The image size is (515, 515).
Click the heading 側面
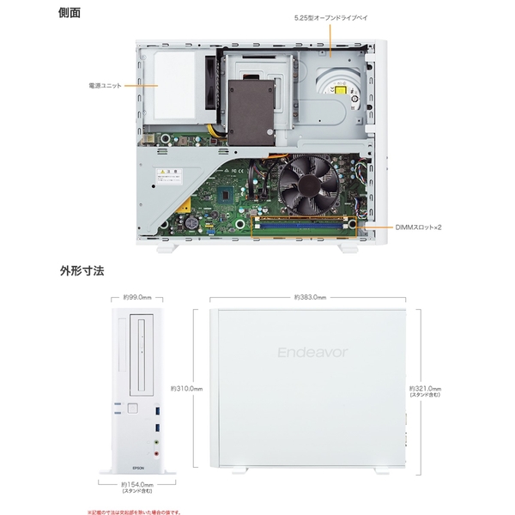70,15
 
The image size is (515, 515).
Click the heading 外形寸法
82,270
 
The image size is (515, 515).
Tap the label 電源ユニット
105,86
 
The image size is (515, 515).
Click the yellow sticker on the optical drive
342,90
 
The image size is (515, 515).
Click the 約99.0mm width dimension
137,297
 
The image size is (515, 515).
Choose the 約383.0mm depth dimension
310,297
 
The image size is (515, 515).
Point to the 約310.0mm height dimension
186,388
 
